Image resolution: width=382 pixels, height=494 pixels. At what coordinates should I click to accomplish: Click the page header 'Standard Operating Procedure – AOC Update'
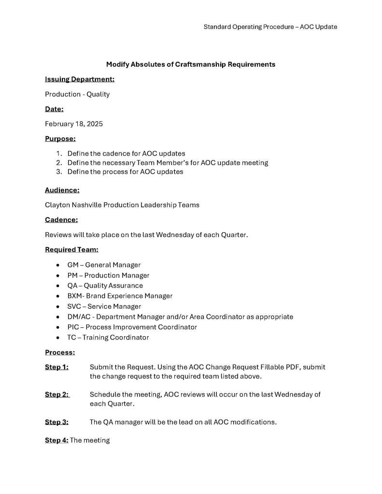pyautogui.click(x=270, y=27)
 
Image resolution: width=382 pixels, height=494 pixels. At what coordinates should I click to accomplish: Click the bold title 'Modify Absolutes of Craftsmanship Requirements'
pyautogui.click(x=191, y=64)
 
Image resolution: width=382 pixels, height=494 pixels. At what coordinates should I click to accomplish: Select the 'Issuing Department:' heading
pyautogui.click(x=80, y=79)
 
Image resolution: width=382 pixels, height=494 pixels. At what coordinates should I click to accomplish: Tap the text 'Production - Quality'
pyautogui.click(x=77, y=94)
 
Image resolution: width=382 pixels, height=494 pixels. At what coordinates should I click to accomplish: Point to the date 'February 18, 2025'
pyautogui.click(x=74, y=124)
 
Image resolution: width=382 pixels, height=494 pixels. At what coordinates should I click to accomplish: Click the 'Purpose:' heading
pyautogui.click(x=60, y=139)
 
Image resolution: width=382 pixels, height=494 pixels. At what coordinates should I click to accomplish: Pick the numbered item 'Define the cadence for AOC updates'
pyautogui.click(x=126, y=154)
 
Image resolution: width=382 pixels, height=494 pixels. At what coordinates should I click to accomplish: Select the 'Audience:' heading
pyautogui.click(x=62, y=190)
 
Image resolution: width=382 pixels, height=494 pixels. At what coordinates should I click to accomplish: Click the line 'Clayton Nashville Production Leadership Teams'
pyautogui.click(x=122, y=205)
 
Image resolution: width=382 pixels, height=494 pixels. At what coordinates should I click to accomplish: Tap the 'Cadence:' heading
pyautogui.click(x=61, y=220)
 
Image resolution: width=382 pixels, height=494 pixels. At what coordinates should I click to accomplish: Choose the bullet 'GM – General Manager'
pyautogui.click(x=104, y=265)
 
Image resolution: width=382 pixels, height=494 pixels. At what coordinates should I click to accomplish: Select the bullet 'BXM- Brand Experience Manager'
pyautogui.click(x=120, y=296)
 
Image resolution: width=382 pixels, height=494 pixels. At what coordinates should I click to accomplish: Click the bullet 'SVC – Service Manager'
pyautogui.click(x=104, y=306)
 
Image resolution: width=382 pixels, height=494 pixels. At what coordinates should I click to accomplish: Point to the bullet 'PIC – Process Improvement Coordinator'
pyautogui.click(x=132, y=327)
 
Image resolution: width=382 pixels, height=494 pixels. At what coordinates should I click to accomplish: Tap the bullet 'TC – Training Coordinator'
pyautogui.click(x=108, y=338)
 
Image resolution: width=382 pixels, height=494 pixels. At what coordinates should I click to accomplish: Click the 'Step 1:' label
pyautogui.click(x=57, y=367)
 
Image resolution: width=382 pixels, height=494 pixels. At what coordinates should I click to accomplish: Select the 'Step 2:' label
pyautogui.click(x=57, y=395)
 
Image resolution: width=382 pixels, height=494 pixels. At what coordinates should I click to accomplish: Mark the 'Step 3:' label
pyautogui.click(x=57, y=422)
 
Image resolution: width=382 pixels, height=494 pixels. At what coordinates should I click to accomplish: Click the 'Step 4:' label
pyautogui.click(x=57, y=440)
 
